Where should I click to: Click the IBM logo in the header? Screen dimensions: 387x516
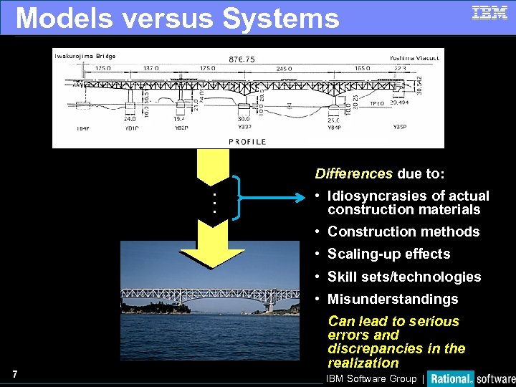click(489, 12)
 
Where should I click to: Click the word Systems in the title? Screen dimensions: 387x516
click(280, 18)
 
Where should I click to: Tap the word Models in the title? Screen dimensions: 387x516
click(64, 18)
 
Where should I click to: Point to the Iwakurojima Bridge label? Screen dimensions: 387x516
click(85, 56)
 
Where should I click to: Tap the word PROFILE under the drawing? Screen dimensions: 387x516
click(247, 142)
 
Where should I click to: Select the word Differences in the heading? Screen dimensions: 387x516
click(354, 173)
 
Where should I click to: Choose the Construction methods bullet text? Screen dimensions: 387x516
click(403, 231)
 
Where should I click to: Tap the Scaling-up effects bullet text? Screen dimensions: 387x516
click(388, 254)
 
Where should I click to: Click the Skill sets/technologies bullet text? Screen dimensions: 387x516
click(404, 277)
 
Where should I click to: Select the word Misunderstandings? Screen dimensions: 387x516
click(393, 299)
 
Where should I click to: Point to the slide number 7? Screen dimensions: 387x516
click(15, 374)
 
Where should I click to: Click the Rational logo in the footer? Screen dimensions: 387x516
click(451, 378)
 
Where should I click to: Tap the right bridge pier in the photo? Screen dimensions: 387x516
click(270, 307)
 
